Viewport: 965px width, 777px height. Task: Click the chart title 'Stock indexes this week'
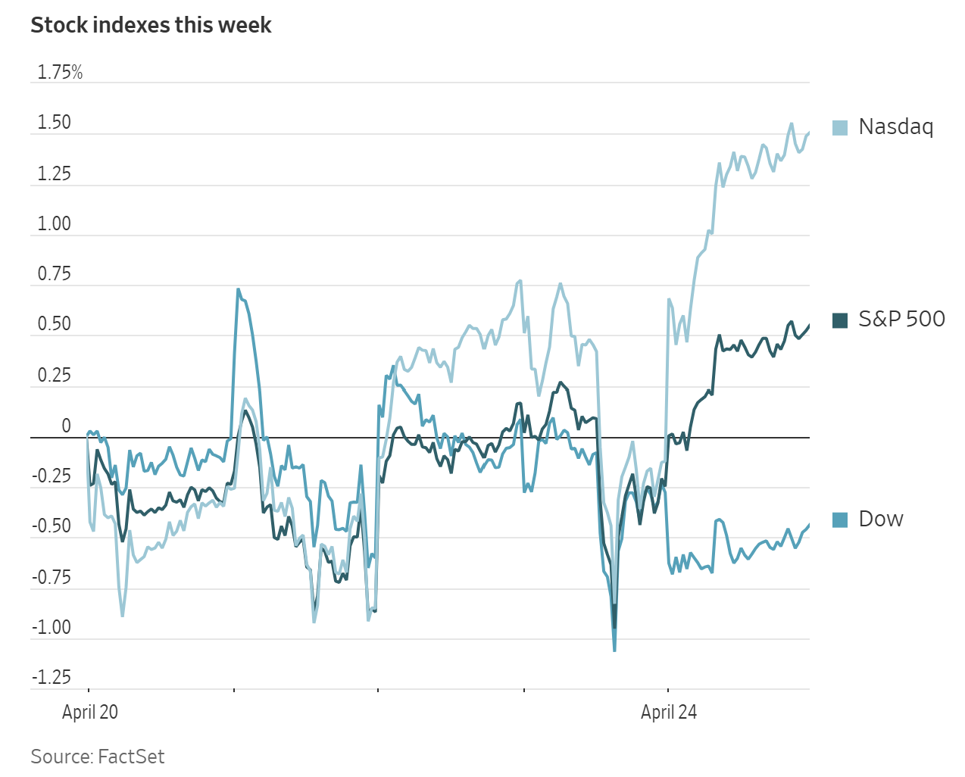click(x=151, y=25)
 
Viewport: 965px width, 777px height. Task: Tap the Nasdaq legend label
click(x=895, y=126)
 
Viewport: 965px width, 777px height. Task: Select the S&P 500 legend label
click(x=901, y=319)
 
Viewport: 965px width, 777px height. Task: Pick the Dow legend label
click(x=880, y=519)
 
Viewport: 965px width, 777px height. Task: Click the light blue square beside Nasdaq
click(x=840, y=127)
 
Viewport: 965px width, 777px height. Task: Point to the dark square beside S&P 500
click(x=840, y=320)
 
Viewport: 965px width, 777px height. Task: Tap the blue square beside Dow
click(x=840, y=520)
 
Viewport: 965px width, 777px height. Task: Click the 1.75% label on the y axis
click(x=60, y=73)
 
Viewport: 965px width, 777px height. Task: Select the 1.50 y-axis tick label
click(x=55, y=123)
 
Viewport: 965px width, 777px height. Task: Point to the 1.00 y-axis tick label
click(x=55, y=224)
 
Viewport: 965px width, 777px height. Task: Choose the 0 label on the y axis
click(x=66, y=426)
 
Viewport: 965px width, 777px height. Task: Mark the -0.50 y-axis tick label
click(x=52, y=526)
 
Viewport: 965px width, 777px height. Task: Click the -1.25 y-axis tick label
click(x=52, y=677)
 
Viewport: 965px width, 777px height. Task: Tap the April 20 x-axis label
click(x=90, y=712)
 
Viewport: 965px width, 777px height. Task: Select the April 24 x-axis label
click(x=669, y=712)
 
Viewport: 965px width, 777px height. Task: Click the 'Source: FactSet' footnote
click(x=98, y=757)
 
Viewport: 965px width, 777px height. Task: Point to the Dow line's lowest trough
click(x=614, y=650)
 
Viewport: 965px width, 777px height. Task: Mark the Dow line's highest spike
click(x=238, y=289)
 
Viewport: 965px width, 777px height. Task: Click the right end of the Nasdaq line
click(x=809, y=133)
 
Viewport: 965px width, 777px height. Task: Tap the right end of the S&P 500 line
click(x=809, y=325)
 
